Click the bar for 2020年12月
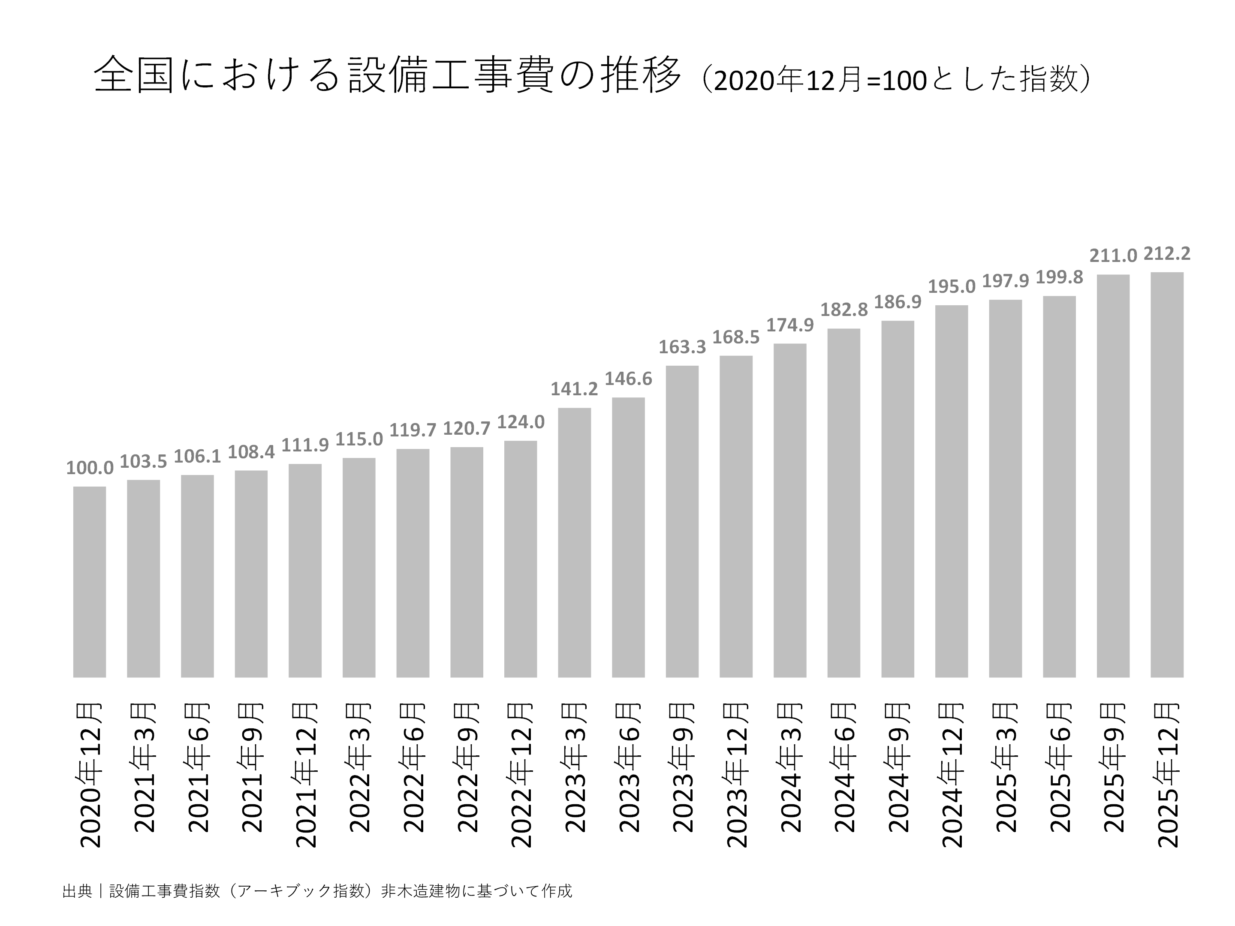[89, 582]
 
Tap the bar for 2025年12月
[1166, 475]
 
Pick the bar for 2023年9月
[682, 521]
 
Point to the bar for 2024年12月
[952, 491]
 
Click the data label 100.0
[89, 468]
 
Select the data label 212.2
[1166, 254]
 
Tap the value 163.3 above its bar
[682, 347]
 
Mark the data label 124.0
[520, 422]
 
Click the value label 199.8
[1059, 277]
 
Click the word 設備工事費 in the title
[449, 75]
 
